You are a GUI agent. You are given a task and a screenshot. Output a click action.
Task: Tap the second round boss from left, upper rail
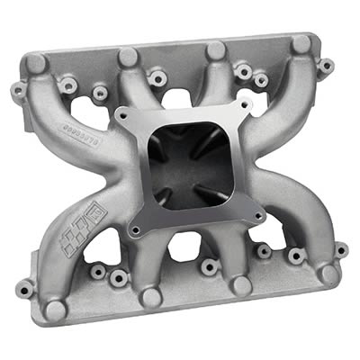point(129,57)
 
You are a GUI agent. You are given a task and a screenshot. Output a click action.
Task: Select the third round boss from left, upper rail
point(216,50)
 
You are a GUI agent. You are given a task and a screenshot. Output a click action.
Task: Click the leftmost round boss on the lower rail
point(56,310)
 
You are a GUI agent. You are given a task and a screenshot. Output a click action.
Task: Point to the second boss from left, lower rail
point(150,297)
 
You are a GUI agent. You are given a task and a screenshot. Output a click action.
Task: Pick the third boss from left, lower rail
point(240,285)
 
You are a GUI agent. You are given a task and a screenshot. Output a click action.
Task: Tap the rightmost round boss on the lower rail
point(328,273)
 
